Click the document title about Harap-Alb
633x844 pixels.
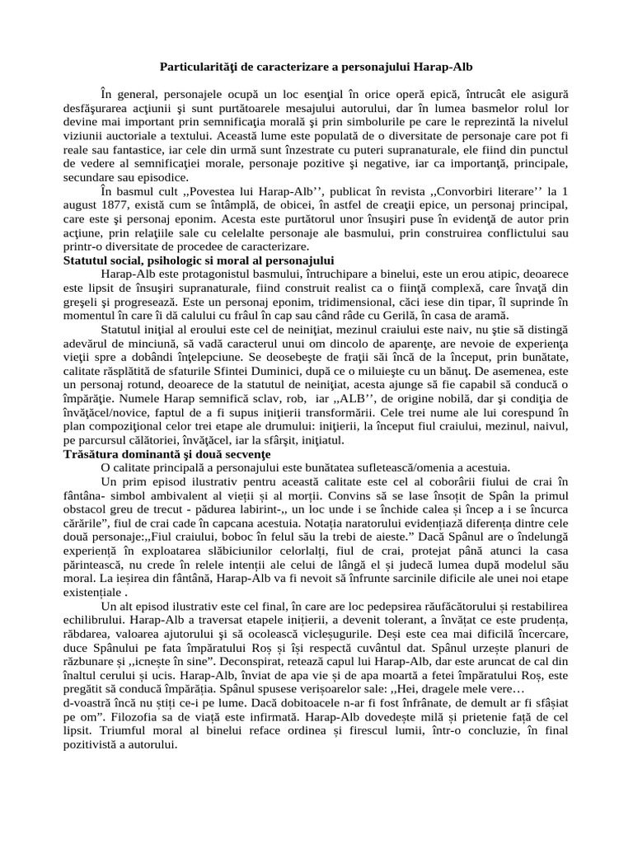point(316,64)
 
